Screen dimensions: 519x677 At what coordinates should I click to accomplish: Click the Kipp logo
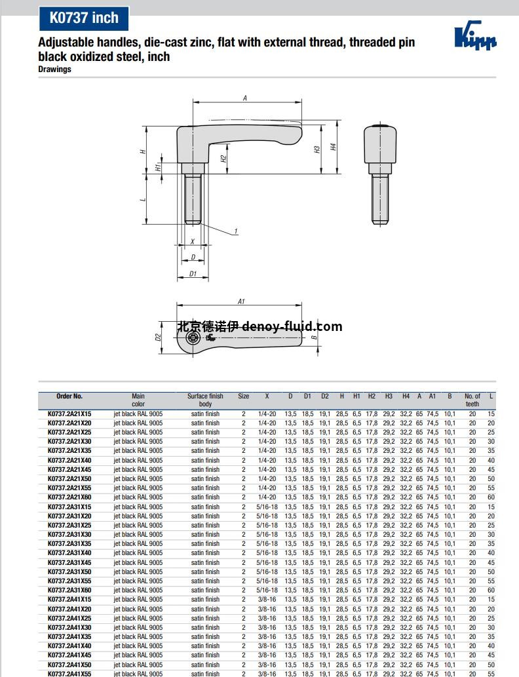pyautogui.click(x=475, y=36)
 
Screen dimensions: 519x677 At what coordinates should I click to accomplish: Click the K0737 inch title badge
pyautogui.click(x=84, y=18)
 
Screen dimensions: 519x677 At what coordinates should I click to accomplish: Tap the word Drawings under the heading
pyautogui.click(x=54, y=69)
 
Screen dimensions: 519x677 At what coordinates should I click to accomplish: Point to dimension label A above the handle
pyautogui.click(x=245, y=98)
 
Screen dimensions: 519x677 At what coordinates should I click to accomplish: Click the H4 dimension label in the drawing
pyautogui.click(x=333, y=147)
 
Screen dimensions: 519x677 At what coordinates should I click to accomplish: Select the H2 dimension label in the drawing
pyautogui.click(x=223, y=159)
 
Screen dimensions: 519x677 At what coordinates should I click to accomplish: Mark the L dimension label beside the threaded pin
pyautogui.click(x=144, y=199)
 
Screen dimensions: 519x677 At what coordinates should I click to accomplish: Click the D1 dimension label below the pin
pyautogui.click(x=193, y=274)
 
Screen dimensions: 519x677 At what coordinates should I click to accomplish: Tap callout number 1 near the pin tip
pyautogui.click(x=236, y=231)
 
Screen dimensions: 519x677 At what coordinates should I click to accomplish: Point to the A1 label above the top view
pyautogui.click(x=241, y=301)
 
